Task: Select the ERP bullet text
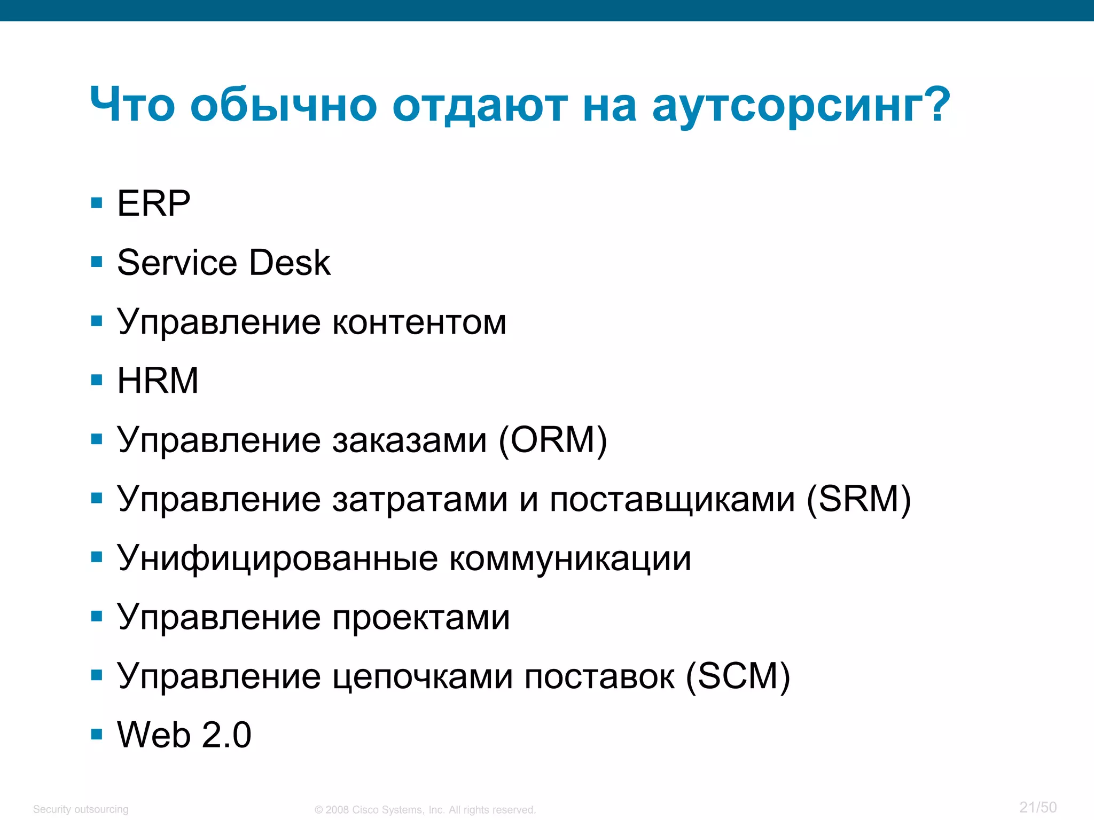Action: click(154, 203)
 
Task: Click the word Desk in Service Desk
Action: click(290, 263)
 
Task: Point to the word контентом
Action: click(419, 322)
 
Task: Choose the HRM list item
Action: click(158, 381)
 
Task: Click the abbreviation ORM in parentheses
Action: click(553, 440)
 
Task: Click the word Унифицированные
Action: click(278, 559)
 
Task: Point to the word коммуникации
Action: click(570, 559)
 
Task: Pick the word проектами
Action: click(421, 618)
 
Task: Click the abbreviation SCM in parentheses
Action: click(737, 676)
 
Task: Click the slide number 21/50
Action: click(1038, 807)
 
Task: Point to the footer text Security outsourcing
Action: click(81, 809)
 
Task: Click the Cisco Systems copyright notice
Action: click(425, 810)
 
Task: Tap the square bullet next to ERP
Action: click(97, 203)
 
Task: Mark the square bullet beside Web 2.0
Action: click(97, 735)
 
